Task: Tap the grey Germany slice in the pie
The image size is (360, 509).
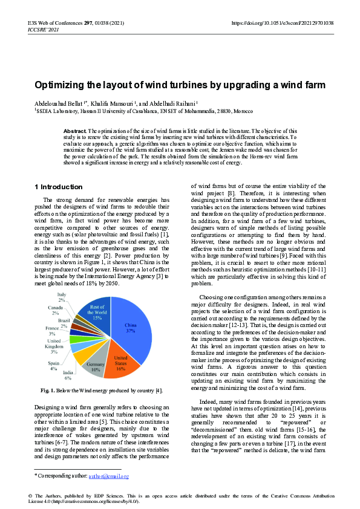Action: click(97, 366)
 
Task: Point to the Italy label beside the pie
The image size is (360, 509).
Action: click(62, 297)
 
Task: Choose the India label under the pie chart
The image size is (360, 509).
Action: click(68, 375)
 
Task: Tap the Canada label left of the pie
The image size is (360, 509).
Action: click(55, 310)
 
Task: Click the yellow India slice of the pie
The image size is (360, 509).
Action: click(82, 361)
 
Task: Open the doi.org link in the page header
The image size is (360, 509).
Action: click(283, 22)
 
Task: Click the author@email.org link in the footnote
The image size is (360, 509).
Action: click(109, 476)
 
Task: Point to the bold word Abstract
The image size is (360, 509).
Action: click(75, 131)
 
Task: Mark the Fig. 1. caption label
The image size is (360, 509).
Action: click(48, 390)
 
